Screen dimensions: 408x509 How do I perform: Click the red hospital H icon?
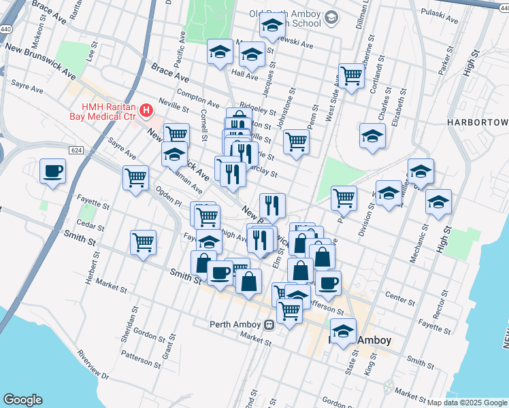pyautogui.click(x=146, y=109)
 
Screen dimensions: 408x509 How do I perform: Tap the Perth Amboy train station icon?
pyautogui.click(x=270, y=324)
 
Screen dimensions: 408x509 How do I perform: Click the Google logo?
pyautogui.click(x=22, y=400)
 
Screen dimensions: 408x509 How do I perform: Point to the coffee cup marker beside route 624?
pyautogui.click(x=52, y=171)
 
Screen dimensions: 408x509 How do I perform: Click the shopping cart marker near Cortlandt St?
pyautogui.click(x=351, y=75)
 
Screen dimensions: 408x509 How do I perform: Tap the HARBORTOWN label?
pyautogui.click(x=478, y=122)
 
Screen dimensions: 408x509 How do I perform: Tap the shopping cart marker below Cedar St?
pyautogui.click(x=144, y=242)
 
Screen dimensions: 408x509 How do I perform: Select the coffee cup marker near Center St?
pyautogui.click(x=328, y=283)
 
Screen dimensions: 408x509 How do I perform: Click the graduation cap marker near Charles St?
pyautogui.click(x=372, y=137)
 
